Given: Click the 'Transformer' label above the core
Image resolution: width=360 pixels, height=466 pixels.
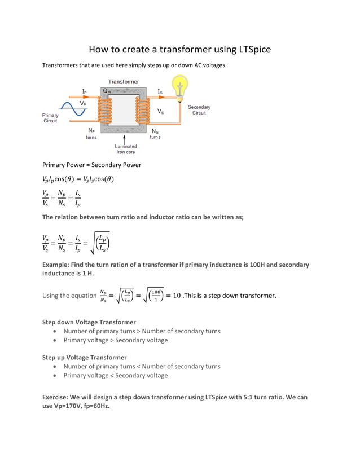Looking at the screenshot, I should click(124, 82).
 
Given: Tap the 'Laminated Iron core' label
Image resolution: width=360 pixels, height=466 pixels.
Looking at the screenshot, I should click(125, 149).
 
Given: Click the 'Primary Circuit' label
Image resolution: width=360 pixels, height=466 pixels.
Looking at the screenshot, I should click(50, 118).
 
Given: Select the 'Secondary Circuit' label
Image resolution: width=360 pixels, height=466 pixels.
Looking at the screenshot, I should click(199, 110).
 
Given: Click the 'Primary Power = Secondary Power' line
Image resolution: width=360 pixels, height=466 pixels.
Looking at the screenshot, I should click(91, 165).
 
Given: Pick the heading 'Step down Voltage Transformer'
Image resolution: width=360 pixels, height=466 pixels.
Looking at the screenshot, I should click(89, 322).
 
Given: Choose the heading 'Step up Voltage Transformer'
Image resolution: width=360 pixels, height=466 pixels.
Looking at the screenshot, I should click(84, 357).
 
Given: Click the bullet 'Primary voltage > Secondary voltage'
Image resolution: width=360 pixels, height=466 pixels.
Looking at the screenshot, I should click(115, 340).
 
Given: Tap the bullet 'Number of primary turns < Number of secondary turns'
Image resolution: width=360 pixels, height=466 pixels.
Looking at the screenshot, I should click(142, 366).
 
